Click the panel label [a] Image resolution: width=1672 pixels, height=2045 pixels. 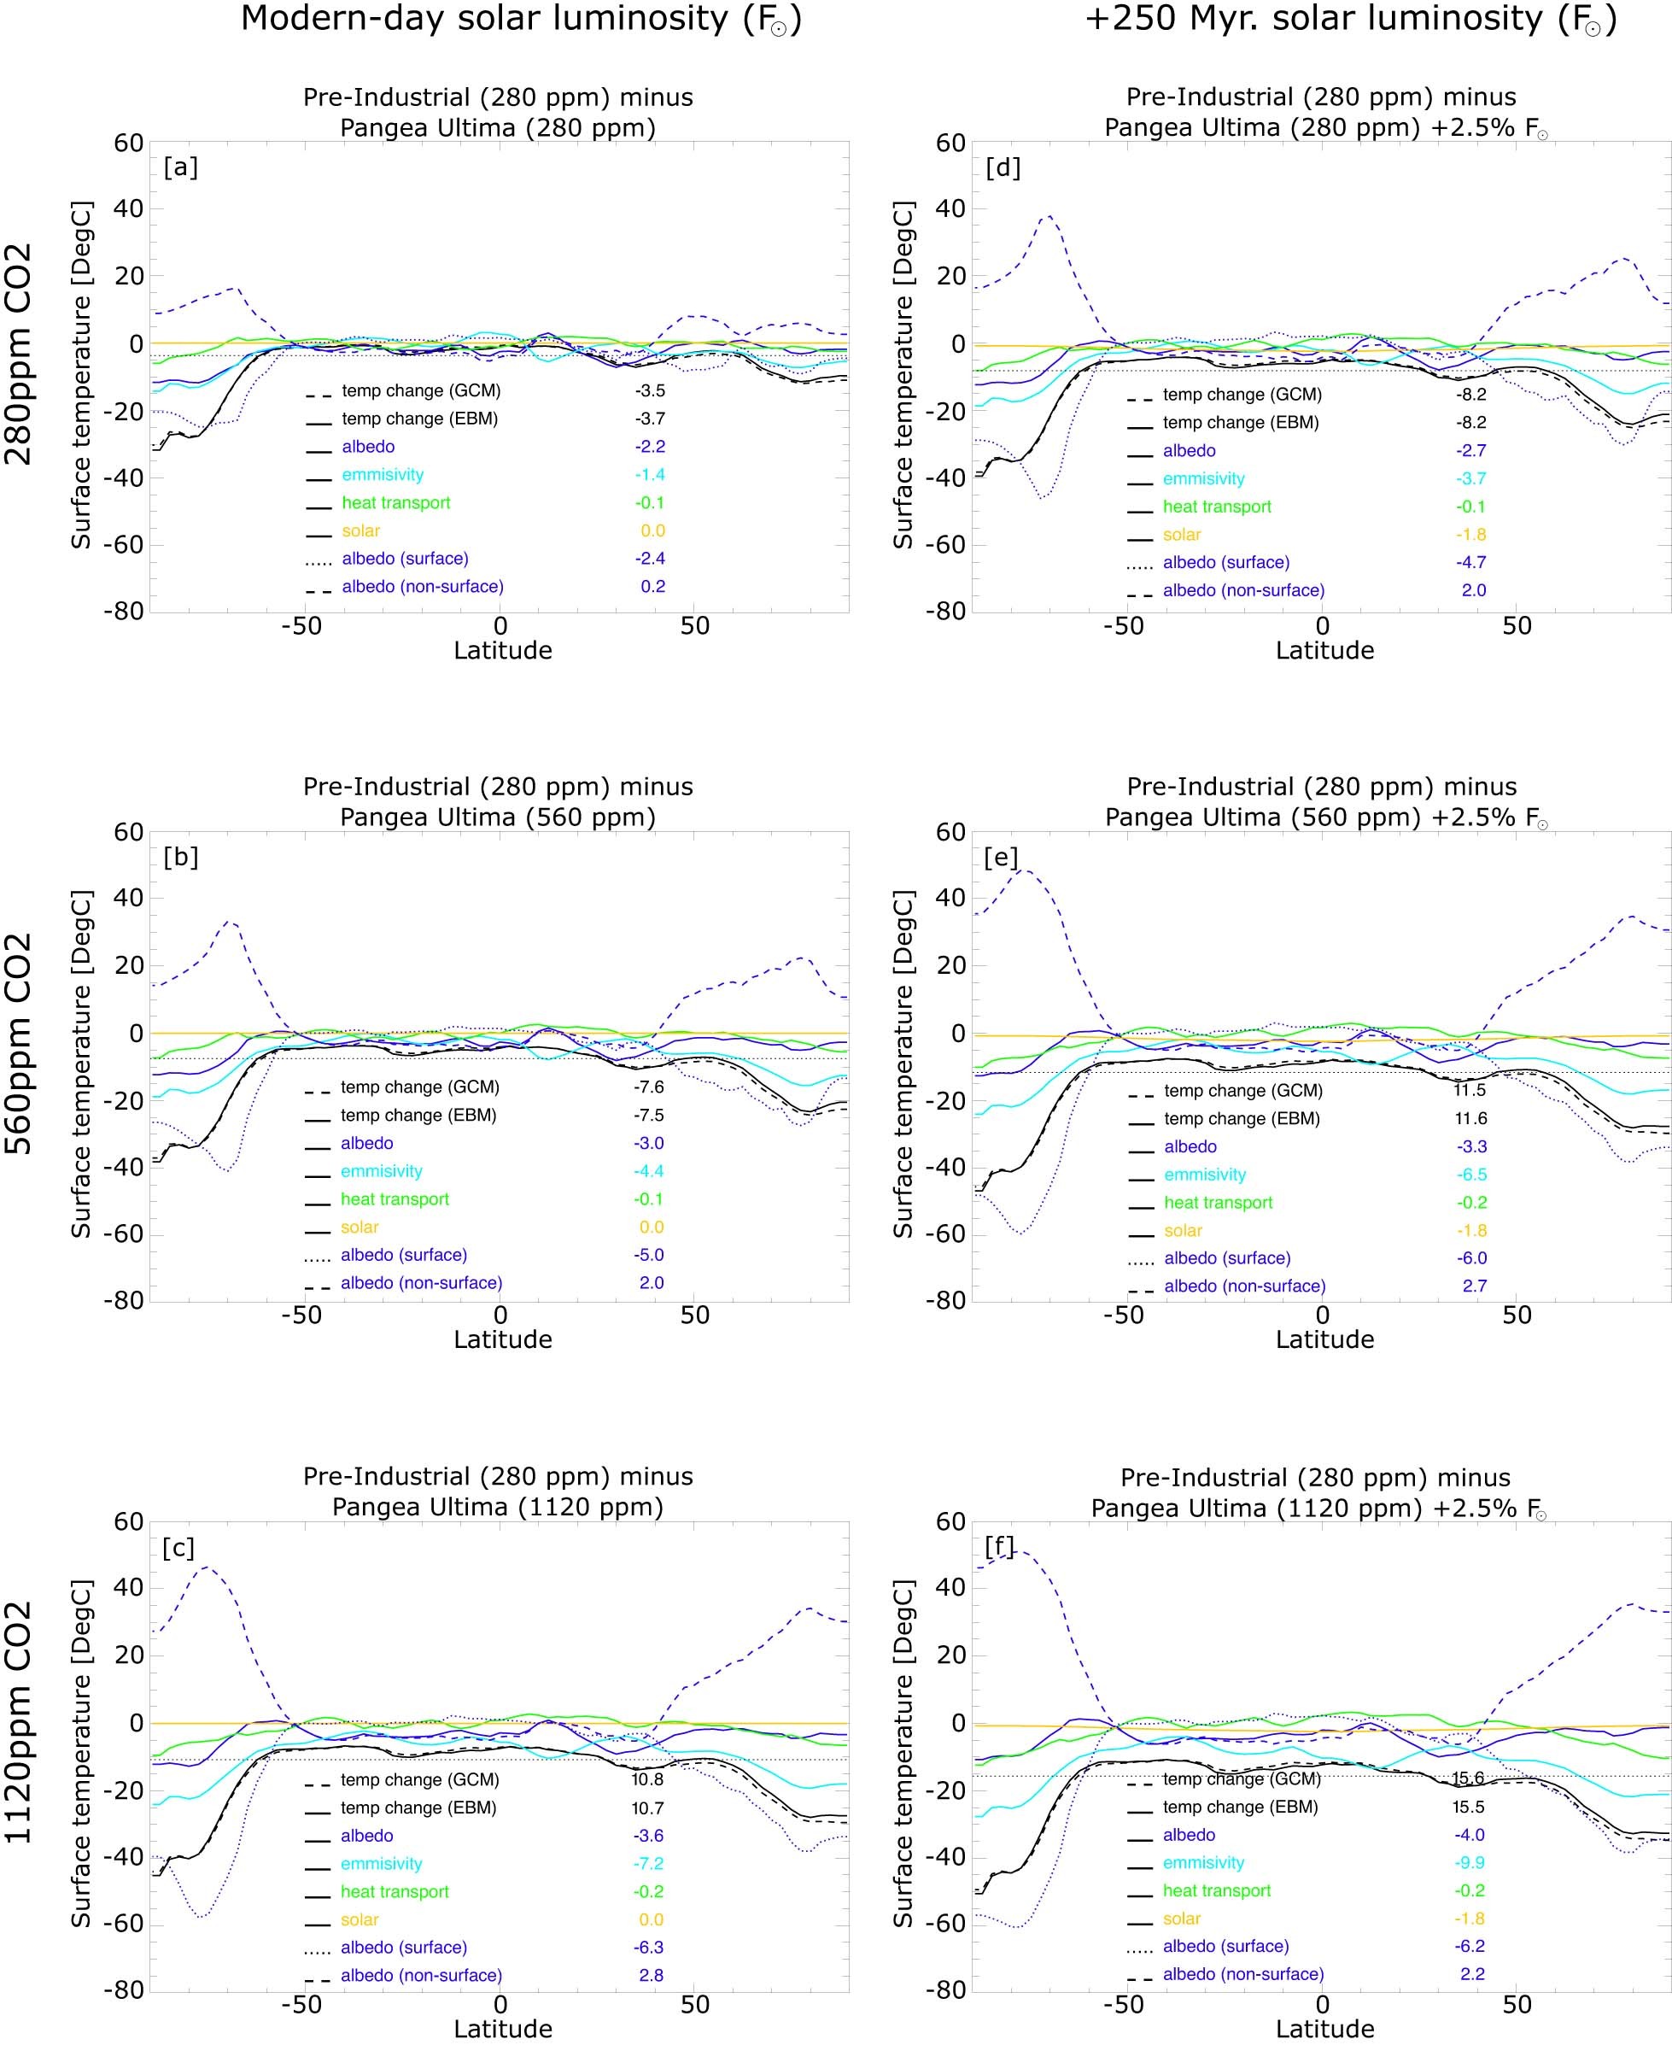click(180, 167)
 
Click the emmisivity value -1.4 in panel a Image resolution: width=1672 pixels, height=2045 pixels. click(649, 475)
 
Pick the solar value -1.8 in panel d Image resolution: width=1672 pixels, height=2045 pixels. click(1470, 535)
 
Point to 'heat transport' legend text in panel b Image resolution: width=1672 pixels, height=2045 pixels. click(395, 1199)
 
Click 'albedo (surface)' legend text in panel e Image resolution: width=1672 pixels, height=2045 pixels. click(1226, 1258)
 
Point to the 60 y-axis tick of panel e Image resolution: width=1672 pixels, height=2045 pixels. click(950, 832)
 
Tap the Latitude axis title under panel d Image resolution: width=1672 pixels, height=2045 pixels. click(1324, 650)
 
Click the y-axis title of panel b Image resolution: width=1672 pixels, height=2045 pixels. click(82, 1064)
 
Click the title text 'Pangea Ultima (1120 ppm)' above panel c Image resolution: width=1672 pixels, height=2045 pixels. click(498, 1507)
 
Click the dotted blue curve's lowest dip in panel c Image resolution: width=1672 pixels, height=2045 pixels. click(202, 1917)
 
